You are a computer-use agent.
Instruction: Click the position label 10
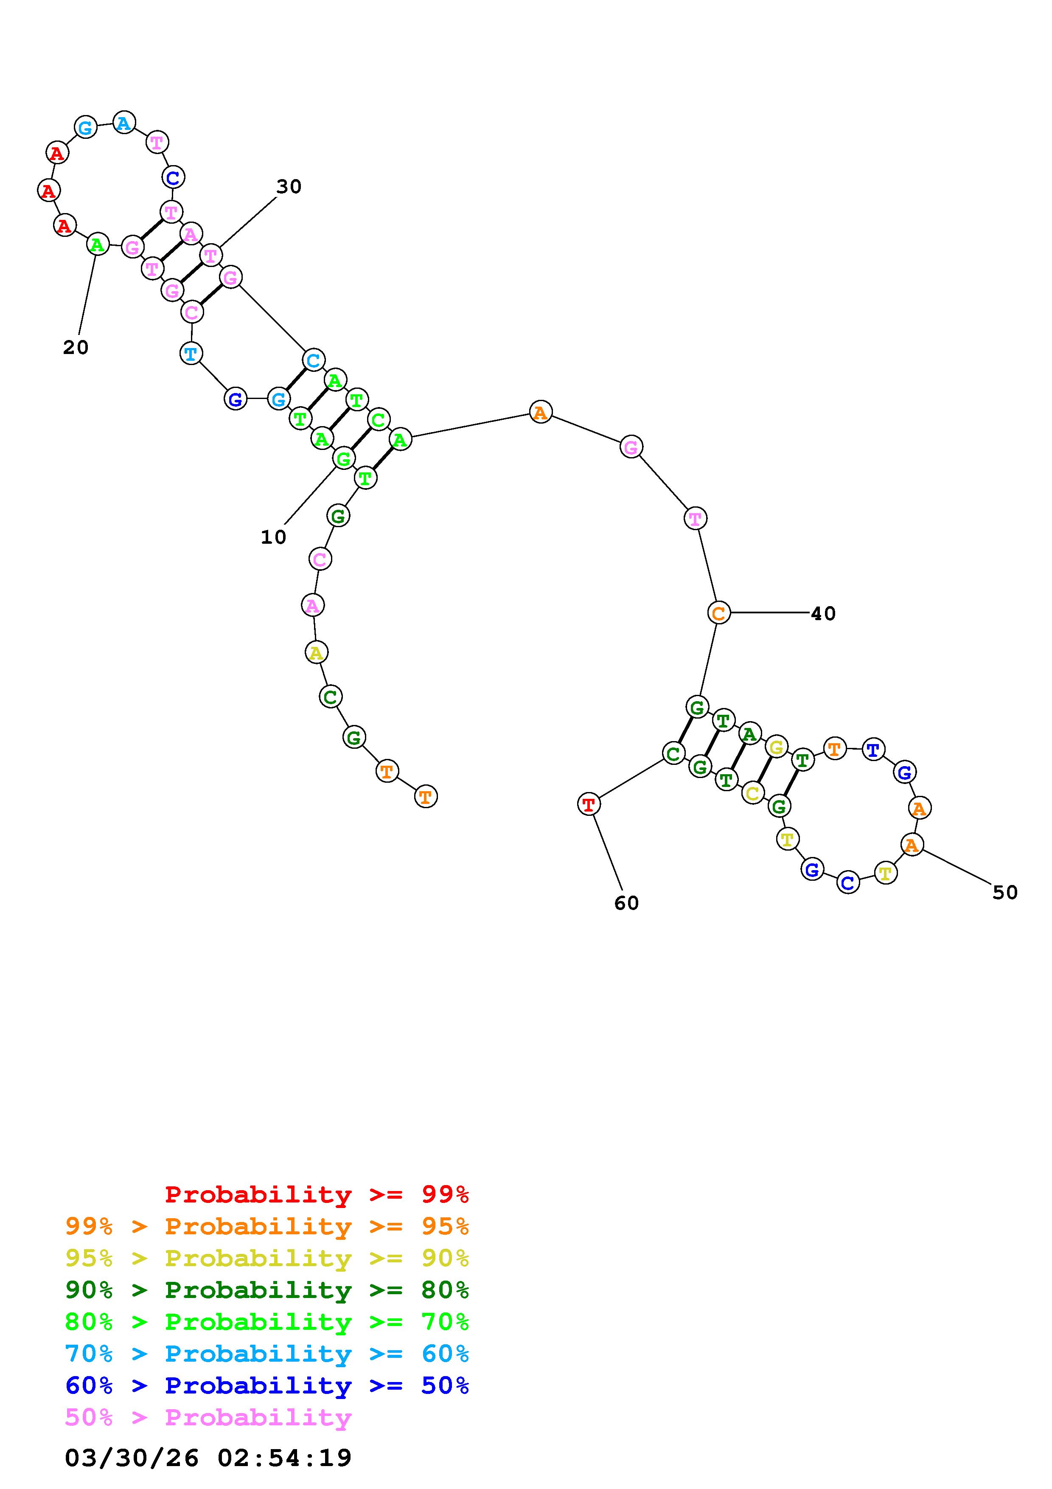click(273, 537)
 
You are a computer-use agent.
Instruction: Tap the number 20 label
click(75, 348)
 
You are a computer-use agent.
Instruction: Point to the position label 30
click(289, 187)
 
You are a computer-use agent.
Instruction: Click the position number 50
click(1004, 892)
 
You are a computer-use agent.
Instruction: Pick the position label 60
click(626, 903)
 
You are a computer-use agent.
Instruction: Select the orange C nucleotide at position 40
click(718, 613)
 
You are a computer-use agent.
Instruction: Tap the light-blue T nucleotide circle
click(191, 354)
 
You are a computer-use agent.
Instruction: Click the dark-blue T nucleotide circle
click(873, 750)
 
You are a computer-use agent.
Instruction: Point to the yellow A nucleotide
click(316, 652)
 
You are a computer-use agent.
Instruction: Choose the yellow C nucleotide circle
click(752, 792)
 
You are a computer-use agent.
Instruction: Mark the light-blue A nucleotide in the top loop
click(124, 123)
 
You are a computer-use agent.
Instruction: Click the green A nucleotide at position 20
click(97, 244)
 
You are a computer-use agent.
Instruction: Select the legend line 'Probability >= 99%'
click(316, 1194)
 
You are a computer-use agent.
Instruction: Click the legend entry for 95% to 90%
click(267, 1258)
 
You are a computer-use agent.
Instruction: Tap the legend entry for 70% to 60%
click(267, 1354)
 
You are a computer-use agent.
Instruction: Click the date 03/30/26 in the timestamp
click(132, 1457)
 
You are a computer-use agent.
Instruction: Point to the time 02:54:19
click(285, 1457)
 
